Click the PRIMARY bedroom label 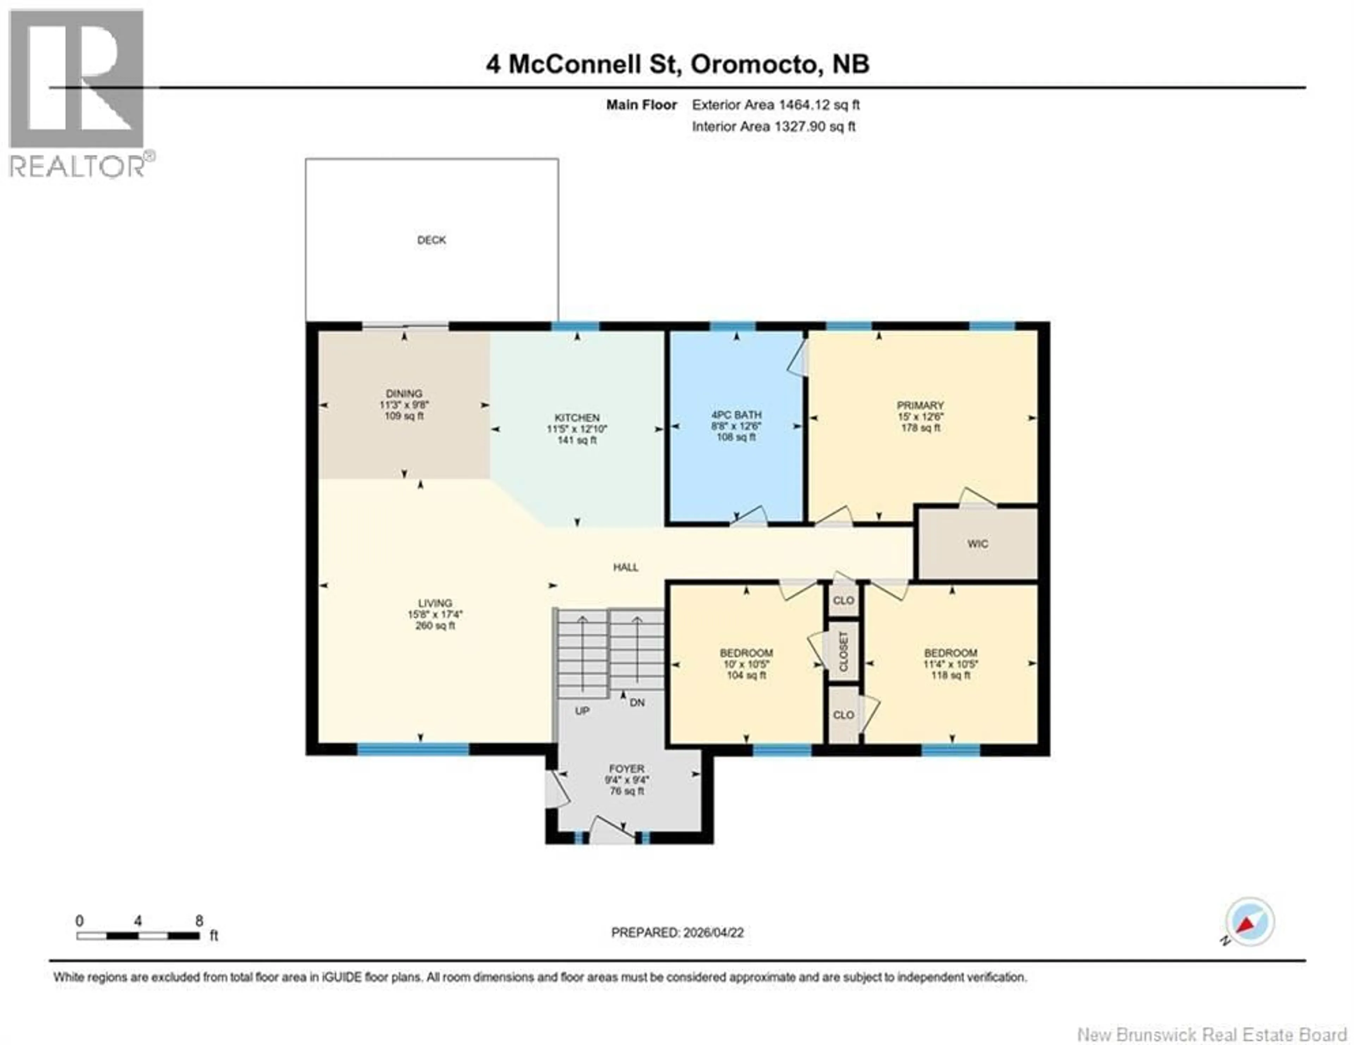[x=920, y=405]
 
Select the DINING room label [x=404, y=393]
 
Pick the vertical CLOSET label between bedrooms [x=843, y=652]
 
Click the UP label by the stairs [x=581, y=711]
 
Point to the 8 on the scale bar [x=199, y=921]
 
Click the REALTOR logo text [x=78, y=166]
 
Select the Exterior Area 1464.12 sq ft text [x=776, y=105]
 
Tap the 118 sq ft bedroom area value [x=950, y=675]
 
